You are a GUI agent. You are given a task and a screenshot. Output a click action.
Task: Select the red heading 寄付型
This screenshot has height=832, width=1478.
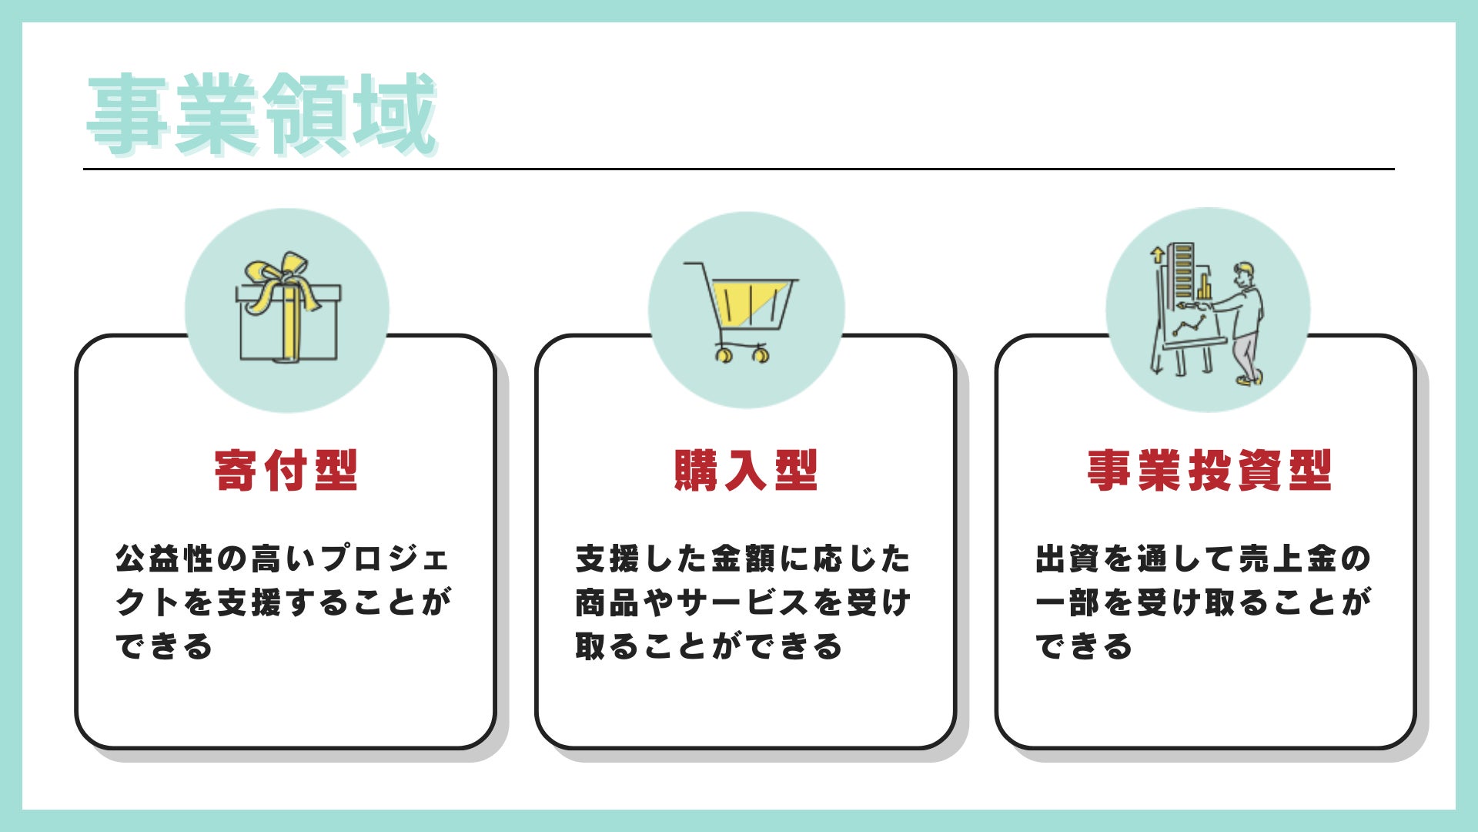point(286,470)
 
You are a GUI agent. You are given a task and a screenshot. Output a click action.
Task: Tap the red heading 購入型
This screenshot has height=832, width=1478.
point(745,470)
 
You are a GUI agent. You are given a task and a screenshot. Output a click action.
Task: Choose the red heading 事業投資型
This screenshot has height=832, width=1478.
point(1209,470)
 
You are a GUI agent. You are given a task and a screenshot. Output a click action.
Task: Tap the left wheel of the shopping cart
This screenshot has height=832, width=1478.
point(724,355)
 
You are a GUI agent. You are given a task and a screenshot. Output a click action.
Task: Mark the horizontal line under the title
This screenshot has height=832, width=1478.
point(739,169)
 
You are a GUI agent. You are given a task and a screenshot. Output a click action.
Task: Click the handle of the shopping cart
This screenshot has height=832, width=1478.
point(693,265)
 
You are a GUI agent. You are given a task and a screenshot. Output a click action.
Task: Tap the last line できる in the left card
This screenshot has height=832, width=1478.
point(164,646)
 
